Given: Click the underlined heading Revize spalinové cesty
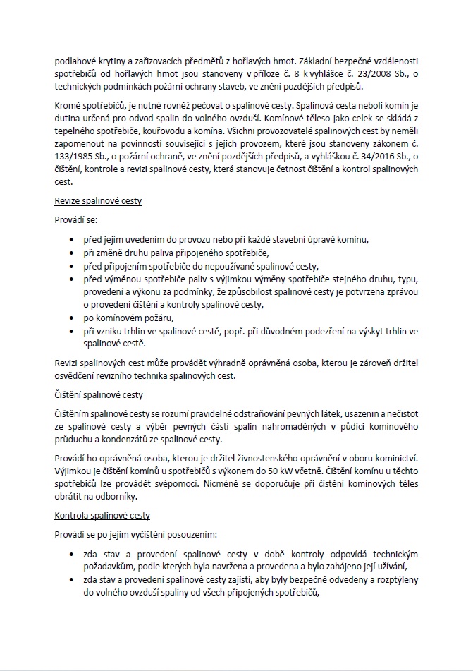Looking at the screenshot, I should click(x=98, y=201).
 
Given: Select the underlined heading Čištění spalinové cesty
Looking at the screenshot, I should click(x=99, y=394).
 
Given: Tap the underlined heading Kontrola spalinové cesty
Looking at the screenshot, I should click(x=102, y=516).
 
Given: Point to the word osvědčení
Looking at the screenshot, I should click(x=76, y=376).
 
